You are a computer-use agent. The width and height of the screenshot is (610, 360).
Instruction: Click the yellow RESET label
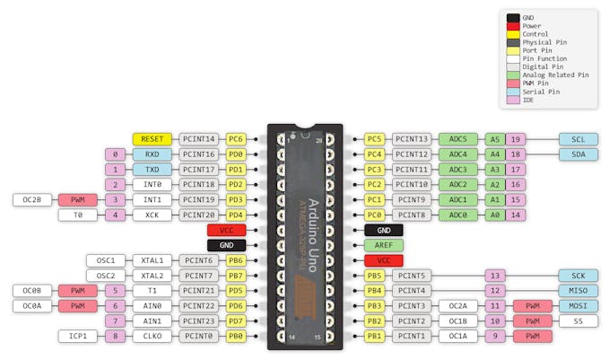click(x=152, y=139)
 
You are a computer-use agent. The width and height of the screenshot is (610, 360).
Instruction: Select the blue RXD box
click(x=152, y=154)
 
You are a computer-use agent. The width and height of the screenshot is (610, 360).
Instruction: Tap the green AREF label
click(x=383, y=245)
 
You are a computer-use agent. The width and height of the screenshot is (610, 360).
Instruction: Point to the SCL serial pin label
click(x=578, y=139)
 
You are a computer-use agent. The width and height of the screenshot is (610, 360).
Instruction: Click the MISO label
click(x=578, y=290)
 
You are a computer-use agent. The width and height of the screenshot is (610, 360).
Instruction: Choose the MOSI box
click(x=578, y=305)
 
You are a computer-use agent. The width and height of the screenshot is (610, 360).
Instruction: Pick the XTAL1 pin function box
click(x=152, y=260)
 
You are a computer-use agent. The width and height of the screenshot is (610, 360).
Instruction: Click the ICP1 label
click(x=77, y=336)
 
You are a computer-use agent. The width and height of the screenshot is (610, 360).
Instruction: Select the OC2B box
click(x=32, y=199)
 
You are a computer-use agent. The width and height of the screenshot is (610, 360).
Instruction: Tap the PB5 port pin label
click(x=375, y=275)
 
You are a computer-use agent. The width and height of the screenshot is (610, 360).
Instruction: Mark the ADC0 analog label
click(x=458, y=215)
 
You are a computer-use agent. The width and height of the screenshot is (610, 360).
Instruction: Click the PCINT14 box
click(x=198, y=139)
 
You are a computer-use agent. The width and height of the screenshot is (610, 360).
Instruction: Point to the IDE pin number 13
click(x=494, y=275)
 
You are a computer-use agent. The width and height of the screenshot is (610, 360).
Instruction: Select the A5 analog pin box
click(x=494, y=139)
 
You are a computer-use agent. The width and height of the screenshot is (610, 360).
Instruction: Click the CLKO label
click(x=152, y=336)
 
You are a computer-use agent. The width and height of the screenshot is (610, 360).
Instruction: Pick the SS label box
click(x=578, y=320)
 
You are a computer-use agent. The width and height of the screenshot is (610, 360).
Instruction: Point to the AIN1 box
click(x=152, y=320)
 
